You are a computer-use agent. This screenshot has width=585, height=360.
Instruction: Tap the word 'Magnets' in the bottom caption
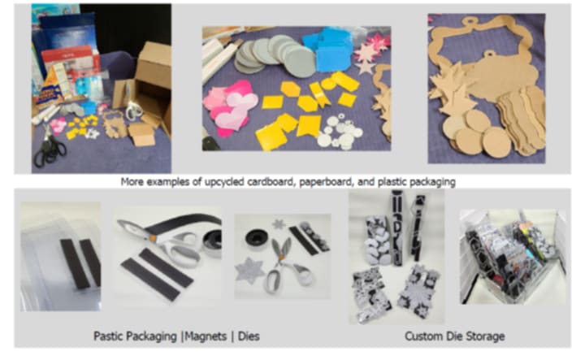[206, 336]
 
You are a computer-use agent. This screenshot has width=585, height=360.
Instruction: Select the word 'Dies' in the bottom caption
[249, 336]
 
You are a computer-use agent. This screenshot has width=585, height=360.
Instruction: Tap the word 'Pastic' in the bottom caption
[108, 336]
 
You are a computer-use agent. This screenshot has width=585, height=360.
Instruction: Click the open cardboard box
[147, 89]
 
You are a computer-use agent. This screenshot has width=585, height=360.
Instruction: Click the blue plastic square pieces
[328, 49]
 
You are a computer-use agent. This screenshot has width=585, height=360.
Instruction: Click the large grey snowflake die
[250, 270]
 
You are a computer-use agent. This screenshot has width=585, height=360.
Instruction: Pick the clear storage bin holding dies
[513, 258]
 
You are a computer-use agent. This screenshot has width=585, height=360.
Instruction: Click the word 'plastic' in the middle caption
[392, 182]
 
